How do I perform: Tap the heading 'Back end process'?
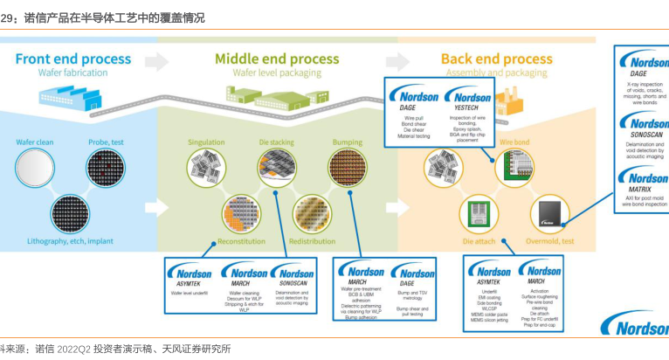coord(496,59)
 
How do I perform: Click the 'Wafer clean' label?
coord(35,142)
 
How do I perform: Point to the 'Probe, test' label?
coord(105,142)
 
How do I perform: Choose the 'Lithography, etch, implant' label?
coord(70,241)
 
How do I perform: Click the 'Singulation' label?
coord(206,142)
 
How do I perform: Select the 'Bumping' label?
coord(347,142)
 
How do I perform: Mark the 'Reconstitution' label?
coord(241,241)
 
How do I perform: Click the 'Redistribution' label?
coord(312,241)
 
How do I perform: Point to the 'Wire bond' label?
coord(515,142)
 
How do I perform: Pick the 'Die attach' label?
coord(479,241)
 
